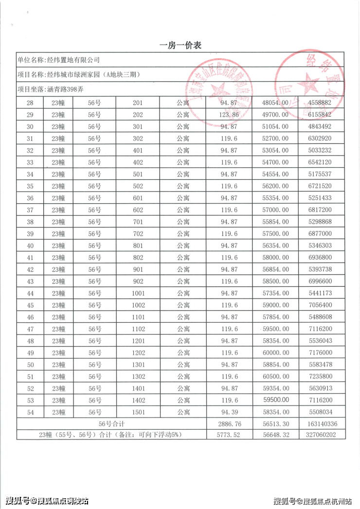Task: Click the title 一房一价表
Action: click(x=180, y=45)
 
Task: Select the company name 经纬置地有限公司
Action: click(x=72, y=60)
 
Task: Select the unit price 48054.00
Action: click(x=275, y=103)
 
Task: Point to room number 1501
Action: click(x=138, y=412)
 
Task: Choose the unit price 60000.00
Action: click(x=275, y=353)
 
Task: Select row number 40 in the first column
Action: click(x=30, y=246)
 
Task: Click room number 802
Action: click(x=138, y=258)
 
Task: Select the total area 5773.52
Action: click(x=228, y=435)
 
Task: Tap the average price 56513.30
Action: click(x=275, y=424)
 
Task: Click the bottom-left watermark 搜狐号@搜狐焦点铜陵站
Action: click(x=47, y=501)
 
